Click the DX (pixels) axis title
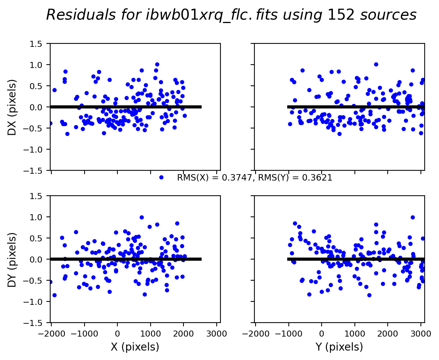point(12,107)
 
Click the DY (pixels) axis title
point(12,259)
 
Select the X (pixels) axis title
point(135,347)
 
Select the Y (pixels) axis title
point(339,347)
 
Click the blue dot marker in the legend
point(161,177)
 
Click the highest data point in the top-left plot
point(157,65)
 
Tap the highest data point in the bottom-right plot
point(413,217)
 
